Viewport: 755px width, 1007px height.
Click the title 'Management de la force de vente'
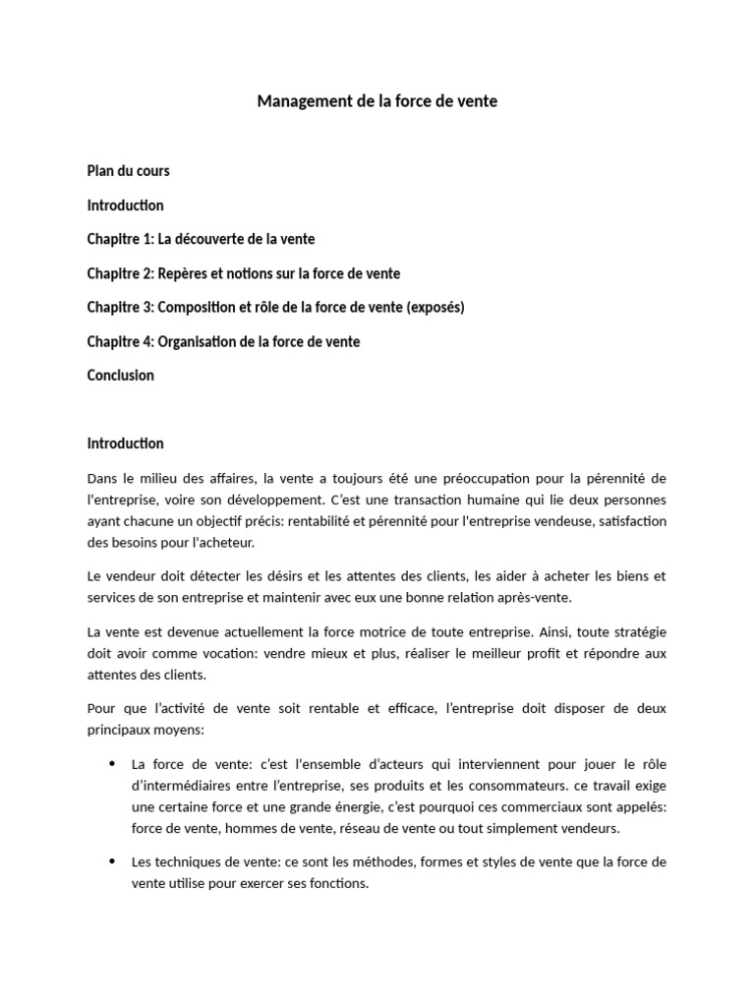pyautogui.click(x=377, y=101)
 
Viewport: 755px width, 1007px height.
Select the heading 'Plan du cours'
pyautogui.click(x=128, y=171)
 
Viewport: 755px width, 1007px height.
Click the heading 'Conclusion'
pyautogui.click(x=120, y=375)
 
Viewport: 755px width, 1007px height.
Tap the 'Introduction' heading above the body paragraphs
pyautogui.click(x=125, y=444)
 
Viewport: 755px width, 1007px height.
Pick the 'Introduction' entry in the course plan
pyautogui.click(x=125, y=206)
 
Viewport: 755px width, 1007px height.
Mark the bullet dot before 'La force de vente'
pyautogui.click(x=110, y=763)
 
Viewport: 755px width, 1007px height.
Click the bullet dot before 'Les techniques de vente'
pyautogui.click(x=110, y=861)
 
